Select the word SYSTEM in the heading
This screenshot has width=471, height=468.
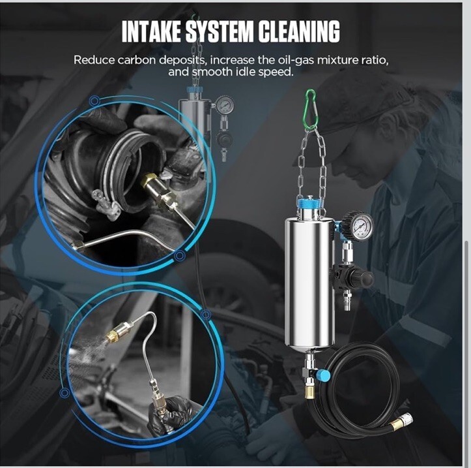click(x=220, y=31)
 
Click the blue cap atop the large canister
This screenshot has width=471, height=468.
click(x=308, y=201)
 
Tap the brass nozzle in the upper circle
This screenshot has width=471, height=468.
click(x=149, y=181)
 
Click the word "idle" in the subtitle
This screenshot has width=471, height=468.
click(x=246, y=72)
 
